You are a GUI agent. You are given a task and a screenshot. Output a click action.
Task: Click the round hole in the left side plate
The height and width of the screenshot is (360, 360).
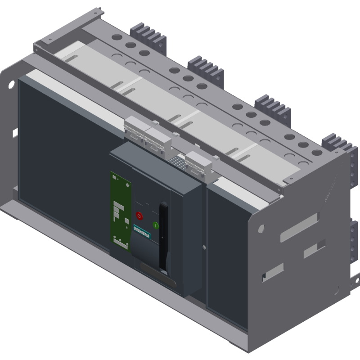(10, 84)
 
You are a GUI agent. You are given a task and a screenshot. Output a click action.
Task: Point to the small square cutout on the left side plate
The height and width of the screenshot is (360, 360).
(14, 132)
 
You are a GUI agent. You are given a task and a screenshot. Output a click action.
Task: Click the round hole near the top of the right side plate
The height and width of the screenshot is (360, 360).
(261, 229)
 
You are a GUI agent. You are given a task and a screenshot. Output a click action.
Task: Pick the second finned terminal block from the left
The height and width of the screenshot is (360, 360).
(206, 67)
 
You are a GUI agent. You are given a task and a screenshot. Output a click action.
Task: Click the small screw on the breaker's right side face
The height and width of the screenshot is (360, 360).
(204, 247)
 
